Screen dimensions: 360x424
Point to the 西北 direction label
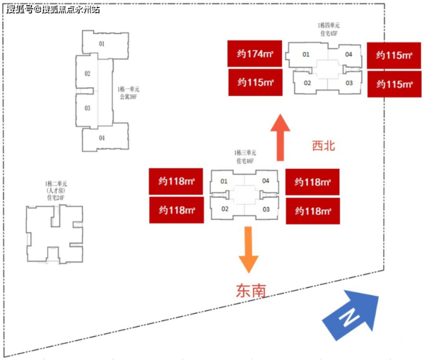[x=323, y=146]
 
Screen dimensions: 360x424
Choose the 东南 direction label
[x=251, y=291]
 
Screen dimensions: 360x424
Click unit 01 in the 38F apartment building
[x=101, y=44]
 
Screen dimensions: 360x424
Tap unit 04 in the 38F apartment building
[x=101, y=138]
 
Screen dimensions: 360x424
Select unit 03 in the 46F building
[x=266, y=209]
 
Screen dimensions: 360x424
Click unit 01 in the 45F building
[x=306, y=54]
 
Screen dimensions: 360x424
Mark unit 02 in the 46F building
[x=225, y=209]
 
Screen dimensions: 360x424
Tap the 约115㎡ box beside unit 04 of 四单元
[x=395, y=56]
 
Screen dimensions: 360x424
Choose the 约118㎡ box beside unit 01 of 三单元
[x=176, y=182]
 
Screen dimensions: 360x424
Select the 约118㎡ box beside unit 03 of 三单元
[x=313, y=211]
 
